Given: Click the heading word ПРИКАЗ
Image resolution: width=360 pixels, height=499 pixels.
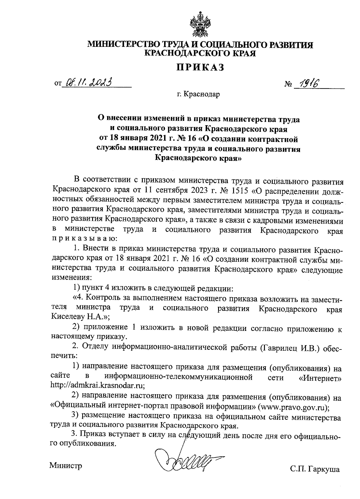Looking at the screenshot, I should pyautogui.click(x=200, y=68).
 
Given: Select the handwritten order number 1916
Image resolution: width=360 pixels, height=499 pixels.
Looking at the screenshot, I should pyautogui.click(x=306, y=83).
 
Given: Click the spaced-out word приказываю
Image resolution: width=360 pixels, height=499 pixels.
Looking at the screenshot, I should pyautogui.click(x=82, y=239).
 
